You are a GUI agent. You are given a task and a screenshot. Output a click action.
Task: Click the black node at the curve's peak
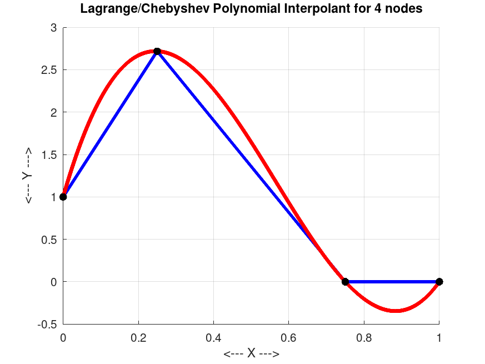(157, 52)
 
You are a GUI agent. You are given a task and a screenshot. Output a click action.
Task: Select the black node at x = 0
(63, 197)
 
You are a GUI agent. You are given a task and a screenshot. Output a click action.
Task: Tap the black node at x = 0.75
(345, 282)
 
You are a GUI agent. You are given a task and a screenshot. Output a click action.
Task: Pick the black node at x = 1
(439, 282)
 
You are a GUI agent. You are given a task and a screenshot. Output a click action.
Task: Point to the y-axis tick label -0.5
(48, 324)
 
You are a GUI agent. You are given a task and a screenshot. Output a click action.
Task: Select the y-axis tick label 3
(54, 28)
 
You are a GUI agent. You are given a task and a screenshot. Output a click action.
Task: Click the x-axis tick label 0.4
(214, 337)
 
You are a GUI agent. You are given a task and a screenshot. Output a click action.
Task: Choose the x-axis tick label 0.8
(364, 337)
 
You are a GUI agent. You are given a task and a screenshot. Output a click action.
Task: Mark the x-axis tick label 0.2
(138, 337)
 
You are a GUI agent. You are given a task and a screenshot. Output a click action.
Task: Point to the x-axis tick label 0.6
(289, 337)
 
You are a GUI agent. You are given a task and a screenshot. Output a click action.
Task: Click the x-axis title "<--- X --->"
(251, 354)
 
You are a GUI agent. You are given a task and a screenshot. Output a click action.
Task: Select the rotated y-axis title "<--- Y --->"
(27, 176)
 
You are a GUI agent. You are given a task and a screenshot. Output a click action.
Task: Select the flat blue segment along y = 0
(392, 282)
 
